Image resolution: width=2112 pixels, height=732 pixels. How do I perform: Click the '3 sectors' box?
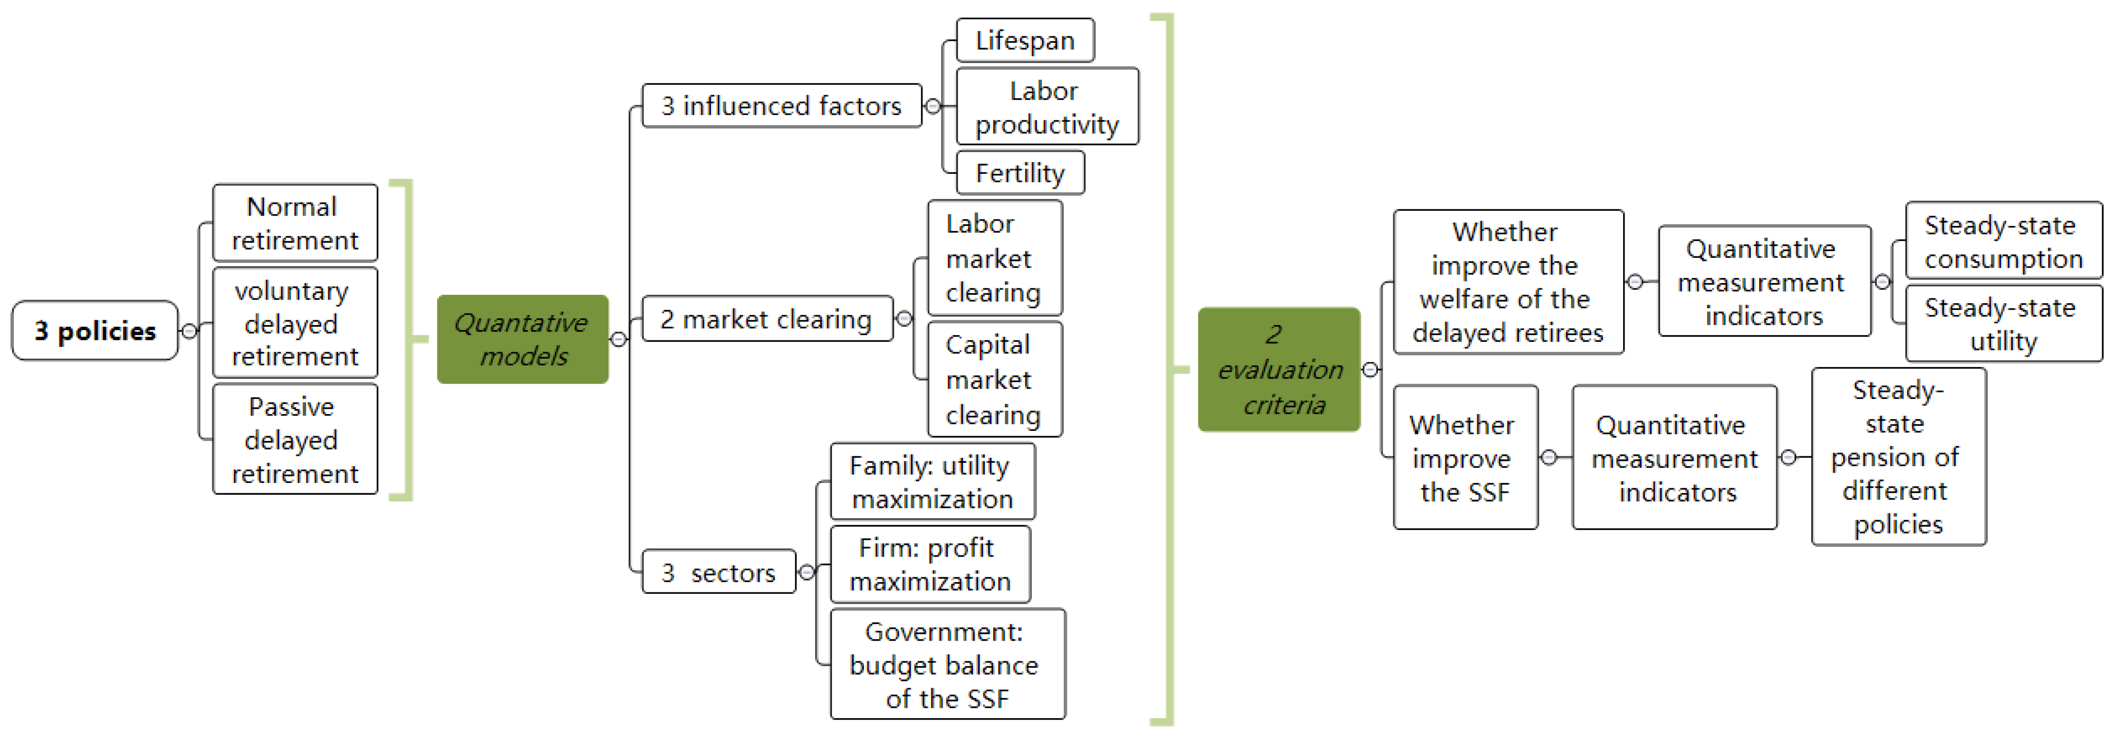pos(718,572)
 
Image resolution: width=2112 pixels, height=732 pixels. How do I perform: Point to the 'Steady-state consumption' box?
pos(2003,241)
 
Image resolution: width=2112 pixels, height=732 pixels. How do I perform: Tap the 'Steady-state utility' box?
pos(2003,324)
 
